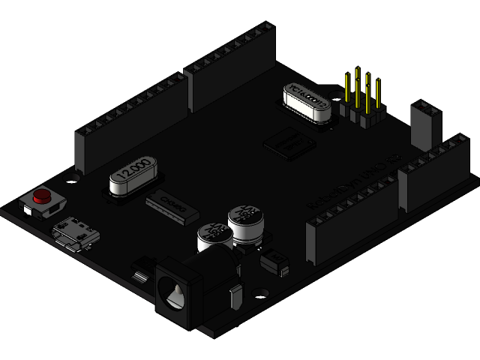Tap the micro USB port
[76, 233]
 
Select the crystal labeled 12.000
[133, 178]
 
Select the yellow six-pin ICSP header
[362, 101]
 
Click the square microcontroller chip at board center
[289, 142]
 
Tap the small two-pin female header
[425, 124]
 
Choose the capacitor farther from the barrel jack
[244, 223]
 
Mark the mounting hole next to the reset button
[73, 178]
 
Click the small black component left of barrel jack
[140, 270]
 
